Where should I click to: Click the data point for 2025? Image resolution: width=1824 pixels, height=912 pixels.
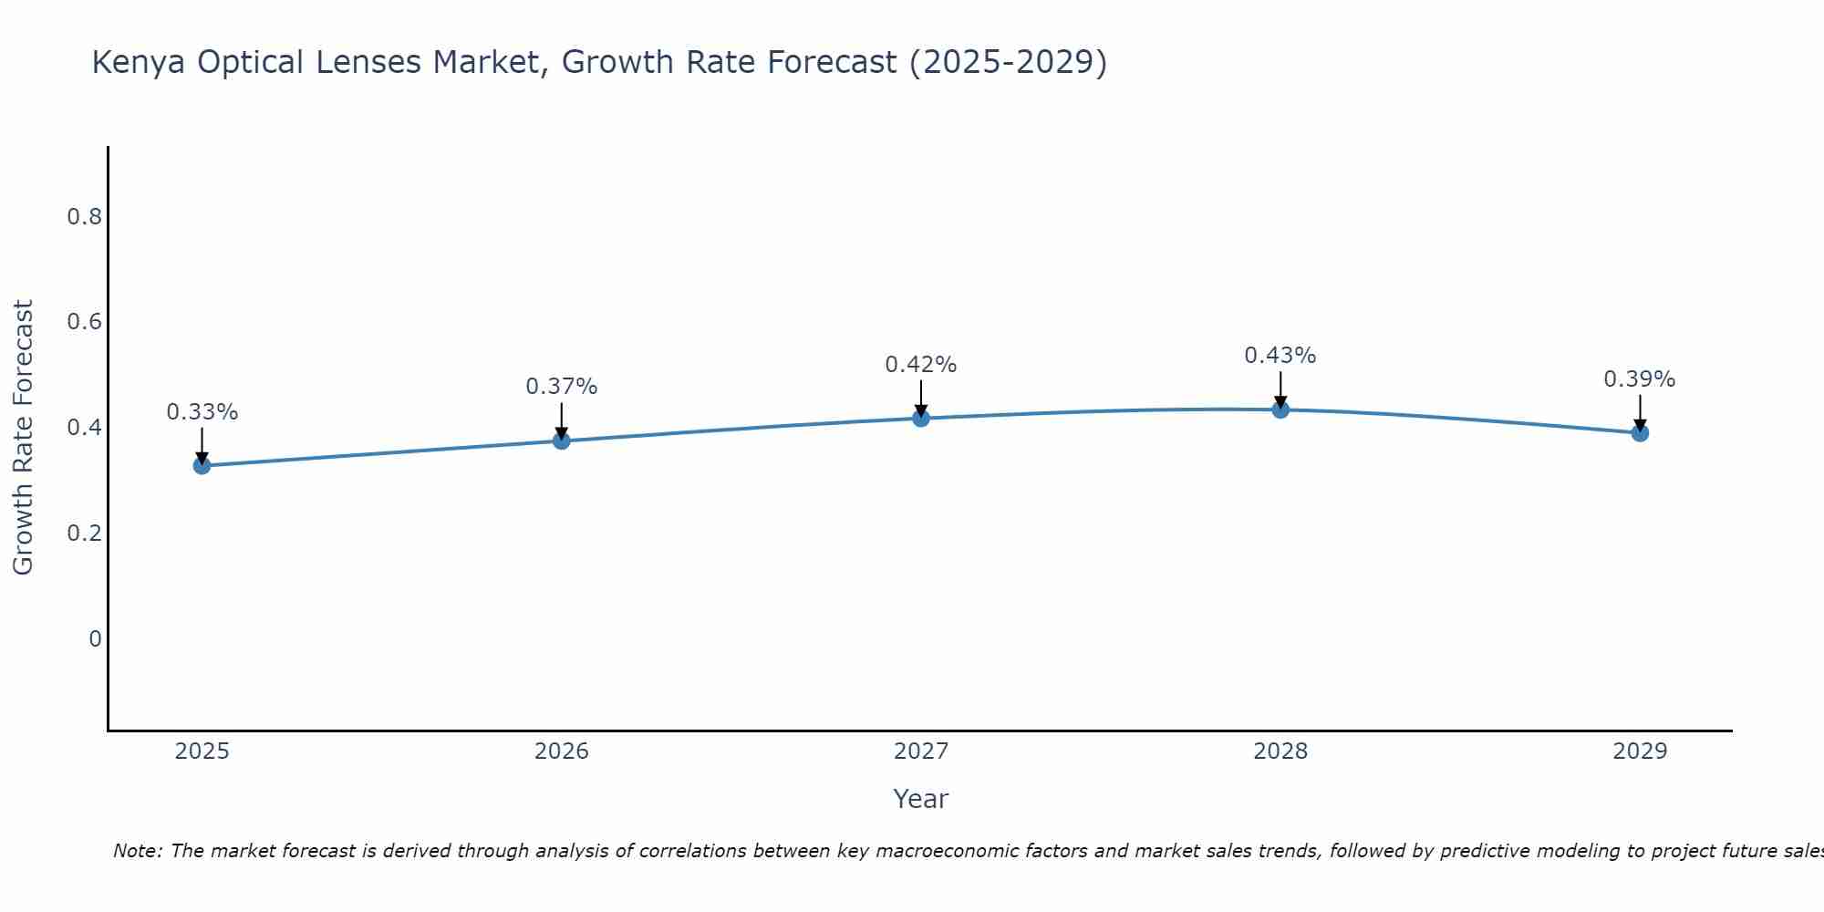202,466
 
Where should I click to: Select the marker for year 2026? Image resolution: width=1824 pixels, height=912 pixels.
562,440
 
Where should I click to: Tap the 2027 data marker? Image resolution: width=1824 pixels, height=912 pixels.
921,418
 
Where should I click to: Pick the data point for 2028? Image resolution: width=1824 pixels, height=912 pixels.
1280,409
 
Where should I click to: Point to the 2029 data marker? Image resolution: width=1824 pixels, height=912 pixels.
1640,433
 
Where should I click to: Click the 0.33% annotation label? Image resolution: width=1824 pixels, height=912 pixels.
202,412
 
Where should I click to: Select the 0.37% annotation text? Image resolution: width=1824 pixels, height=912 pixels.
562,387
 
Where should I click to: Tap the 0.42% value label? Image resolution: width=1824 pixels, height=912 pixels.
921,365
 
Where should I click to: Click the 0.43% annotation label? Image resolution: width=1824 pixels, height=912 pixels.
1280,356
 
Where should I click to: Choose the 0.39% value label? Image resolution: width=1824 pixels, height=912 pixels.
1640,379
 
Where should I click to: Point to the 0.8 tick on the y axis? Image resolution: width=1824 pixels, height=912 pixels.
84,217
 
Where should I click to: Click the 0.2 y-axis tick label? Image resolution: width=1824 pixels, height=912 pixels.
84,534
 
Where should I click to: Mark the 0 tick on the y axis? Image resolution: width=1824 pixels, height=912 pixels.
95,639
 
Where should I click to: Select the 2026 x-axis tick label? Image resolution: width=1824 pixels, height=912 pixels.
562,751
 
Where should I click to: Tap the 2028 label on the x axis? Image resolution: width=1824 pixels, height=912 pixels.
1280,751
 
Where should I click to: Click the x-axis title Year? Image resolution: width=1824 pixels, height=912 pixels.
921,799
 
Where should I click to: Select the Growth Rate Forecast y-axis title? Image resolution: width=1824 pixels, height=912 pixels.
24,438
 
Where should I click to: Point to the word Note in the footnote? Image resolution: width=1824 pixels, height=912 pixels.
137,851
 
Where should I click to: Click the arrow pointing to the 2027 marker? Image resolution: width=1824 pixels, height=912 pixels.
921,398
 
